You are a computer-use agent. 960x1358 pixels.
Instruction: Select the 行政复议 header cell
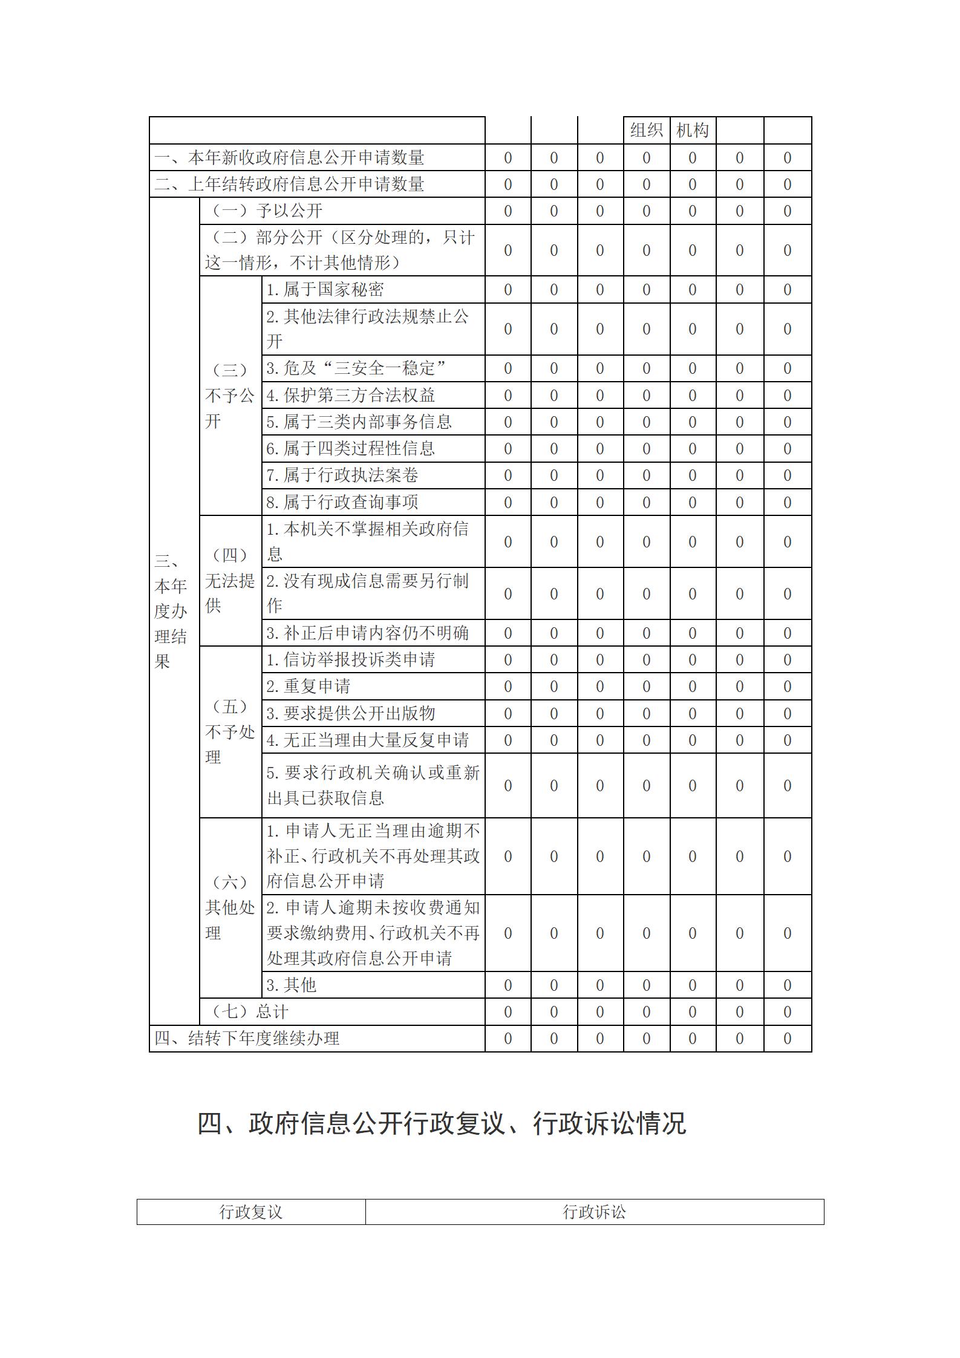point(251,1212)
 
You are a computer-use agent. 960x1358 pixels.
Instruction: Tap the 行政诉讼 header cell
point(594,1212)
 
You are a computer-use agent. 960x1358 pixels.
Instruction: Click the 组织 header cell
point(646,130)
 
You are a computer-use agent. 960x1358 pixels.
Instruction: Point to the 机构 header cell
point(693,130)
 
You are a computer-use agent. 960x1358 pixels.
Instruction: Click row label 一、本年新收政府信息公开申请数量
point(289,158)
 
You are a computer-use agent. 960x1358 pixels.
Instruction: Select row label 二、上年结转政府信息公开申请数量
point(289,184)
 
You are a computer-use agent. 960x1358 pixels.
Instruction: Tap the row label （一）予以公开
point(266,211)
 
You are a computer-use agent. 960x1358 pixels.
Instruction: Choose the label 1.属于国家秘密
point(325,290)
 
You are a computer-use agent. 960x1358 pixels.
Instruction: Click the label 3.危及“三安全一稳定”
point(356,368)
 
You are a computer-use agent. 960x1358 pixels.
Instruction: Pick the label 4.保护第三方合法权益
point(351,395)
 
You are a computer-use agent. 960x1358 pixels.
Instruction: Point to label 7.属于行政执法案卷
point(342,475)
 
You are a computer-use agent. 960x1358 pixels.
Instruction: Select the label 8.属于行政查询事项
point(342,501)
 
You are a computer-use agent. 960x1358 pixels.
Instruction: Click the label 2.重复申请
point(309,686)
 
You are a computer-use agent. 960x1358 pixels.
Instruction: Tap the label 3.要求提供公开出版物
point(351,713)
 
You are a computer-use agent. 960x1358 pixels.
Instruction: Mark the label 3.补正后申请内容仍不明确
point(368,633)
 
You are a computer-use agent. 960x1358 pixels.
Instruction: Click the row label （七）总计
point(249,1011)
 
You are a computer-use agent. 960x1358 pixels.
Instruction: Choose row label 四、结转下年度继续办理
point(247,1038)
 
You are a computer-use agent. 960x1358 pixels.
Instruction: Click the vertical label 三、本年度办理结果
point(170,611)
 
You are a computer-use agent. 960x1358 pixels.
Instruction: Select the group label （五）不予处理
point(230,732)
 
